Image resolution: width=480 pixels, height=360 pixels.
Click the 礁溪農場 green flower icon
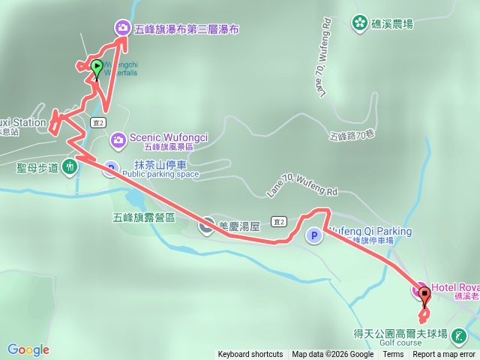point(360,23)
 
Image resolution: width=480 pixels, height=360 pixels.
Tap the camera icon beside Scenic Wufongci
point(118,139)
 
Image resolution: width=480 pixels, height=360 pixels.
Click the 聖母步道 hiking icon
point(70,166)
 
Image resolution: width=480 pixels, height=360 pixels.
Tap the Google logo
point(28,349)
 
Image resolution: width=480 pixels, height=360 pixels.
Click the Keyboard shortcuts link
point(250,355)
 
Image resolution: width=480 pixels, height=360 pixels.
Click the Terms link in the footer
point(392,355)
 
